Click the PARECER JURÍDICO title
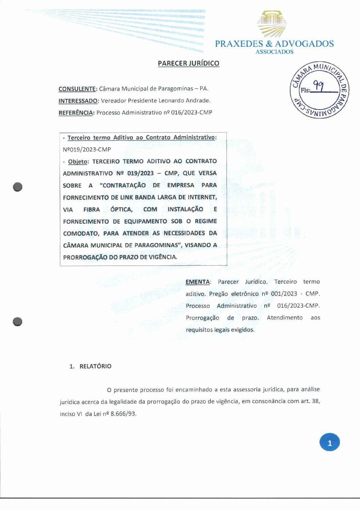pos(188,63)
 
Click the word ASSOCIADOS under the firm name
pos(274,52)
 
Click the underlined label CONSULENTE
pos(77,89)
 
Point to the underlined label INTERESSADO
pos(78,101)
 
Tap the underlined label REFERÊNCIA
pos(76,113)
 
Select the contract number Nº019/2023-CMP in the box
pos(87,149)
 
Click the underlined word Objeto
pos(78,162)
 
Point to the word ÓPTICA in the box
pos(121,209)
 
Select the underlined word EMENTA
pos(198,282)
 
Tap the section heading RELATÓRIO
pos(95,366)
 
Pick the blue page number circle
pos(329,442)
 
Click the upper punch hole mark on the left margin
pos(18,187)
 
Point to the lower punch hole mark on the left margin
pos(17,321)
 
